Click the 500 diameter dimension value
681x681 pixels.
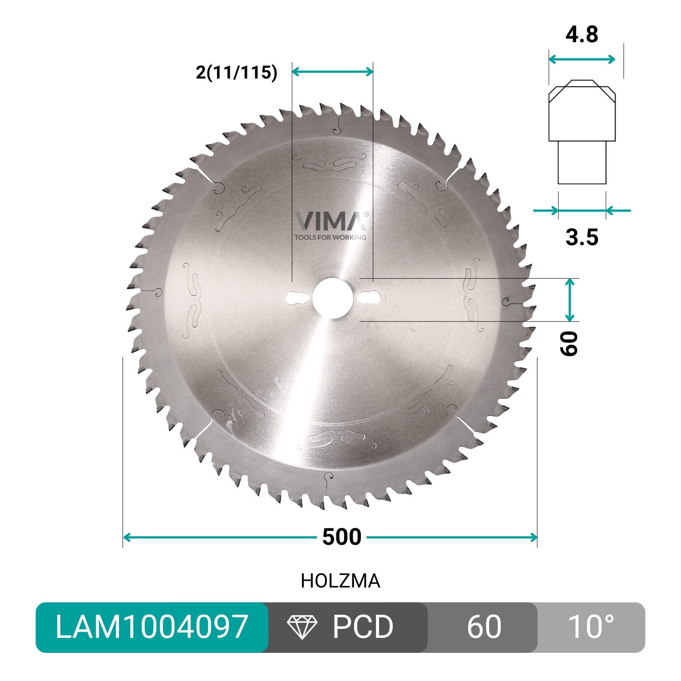click(341, 537)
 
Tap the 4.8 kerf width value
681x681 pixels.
click(582, 35)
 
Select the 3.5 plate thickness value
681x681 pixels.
click(582, 237)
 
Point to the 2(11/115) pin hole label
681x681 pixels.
click(237, 72)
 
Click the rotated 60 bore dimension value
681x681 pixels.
click(569, 343)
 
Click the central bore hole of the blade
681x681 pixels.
click(331, 298)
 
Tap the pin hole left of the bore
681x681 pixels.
click(295, 298)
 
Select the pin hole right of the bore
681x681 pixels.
click(369, 298)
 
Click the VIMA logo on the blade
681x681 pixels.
click(331, 221)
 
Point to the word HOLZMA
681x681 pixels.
click(340, 581)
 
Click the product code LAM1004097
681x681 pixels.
click(152, 627)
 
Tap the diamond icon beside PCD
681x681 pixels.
click(302, 627)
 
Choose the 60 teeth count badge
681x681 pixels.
click(484, 627)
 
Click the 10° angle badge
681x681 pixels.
click(591, 627)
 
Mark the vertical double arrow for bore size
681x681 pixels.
click(570, 300)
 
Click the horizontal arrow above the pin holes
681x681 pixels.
click(332, 71)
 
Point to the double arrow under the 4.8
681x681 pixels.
click(582, 59)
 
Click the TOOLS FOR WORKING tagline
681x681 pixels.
click(330, 237)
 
